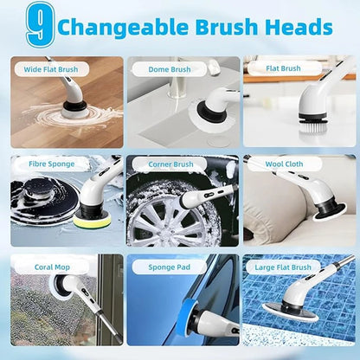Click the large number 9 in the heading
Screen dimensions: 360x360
point(36,27)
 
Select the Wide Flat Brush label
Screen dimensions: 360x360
point(50,69)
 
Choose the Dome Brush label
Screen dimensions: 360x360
point(168,69)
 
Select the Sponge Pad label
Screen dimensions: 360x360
point(169,267)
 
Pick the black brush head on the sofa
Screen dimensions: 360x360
point(326,207)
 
